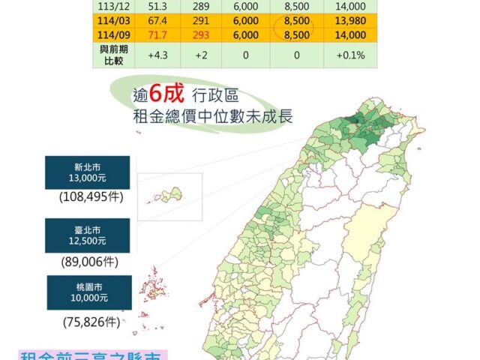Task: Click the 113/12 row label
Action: pos(112,6)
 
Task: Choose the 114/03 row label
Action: pos(112,21)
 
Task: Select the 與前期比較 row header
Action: pos(112,55)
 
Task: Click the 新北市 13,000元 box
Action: pos(87,172)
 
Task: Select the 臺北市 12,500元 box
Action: pos(87,235)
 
